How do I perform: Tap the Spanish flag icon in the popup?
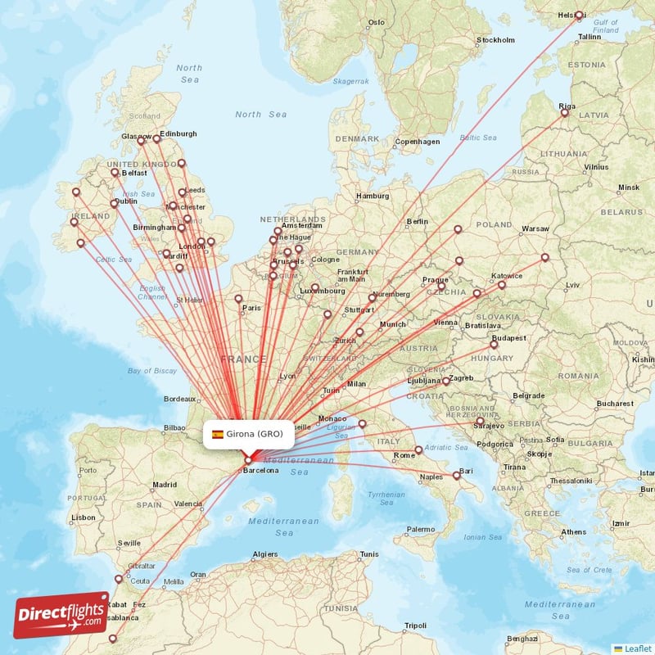pos(218,434)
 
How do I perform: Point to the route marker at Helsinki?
pos(579,15)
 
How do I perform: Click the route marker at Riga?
pos(564,114)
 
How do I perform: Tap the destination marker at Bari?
pos(456,475)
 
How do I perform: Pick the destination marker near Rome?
pos(418,449)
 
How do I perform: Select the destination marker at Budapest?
pos(494,345)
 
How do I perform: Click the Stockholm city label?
pos(495,40)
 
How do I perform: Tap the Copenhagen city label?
pos(418,142)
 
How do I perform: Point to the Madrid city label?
pos(164,485)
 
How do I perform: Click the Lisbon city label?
pos(83,517)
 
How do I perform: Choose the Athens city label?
pos(573,532)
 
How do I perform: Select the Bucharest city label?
pos(614,404)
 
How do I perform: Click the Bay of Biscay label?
pos(152,371)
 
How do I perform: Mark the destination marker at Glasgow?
pos(141,141)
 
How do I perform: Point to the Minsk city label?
pos(629,187)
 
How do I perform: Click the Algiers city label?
pos(265,554)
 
